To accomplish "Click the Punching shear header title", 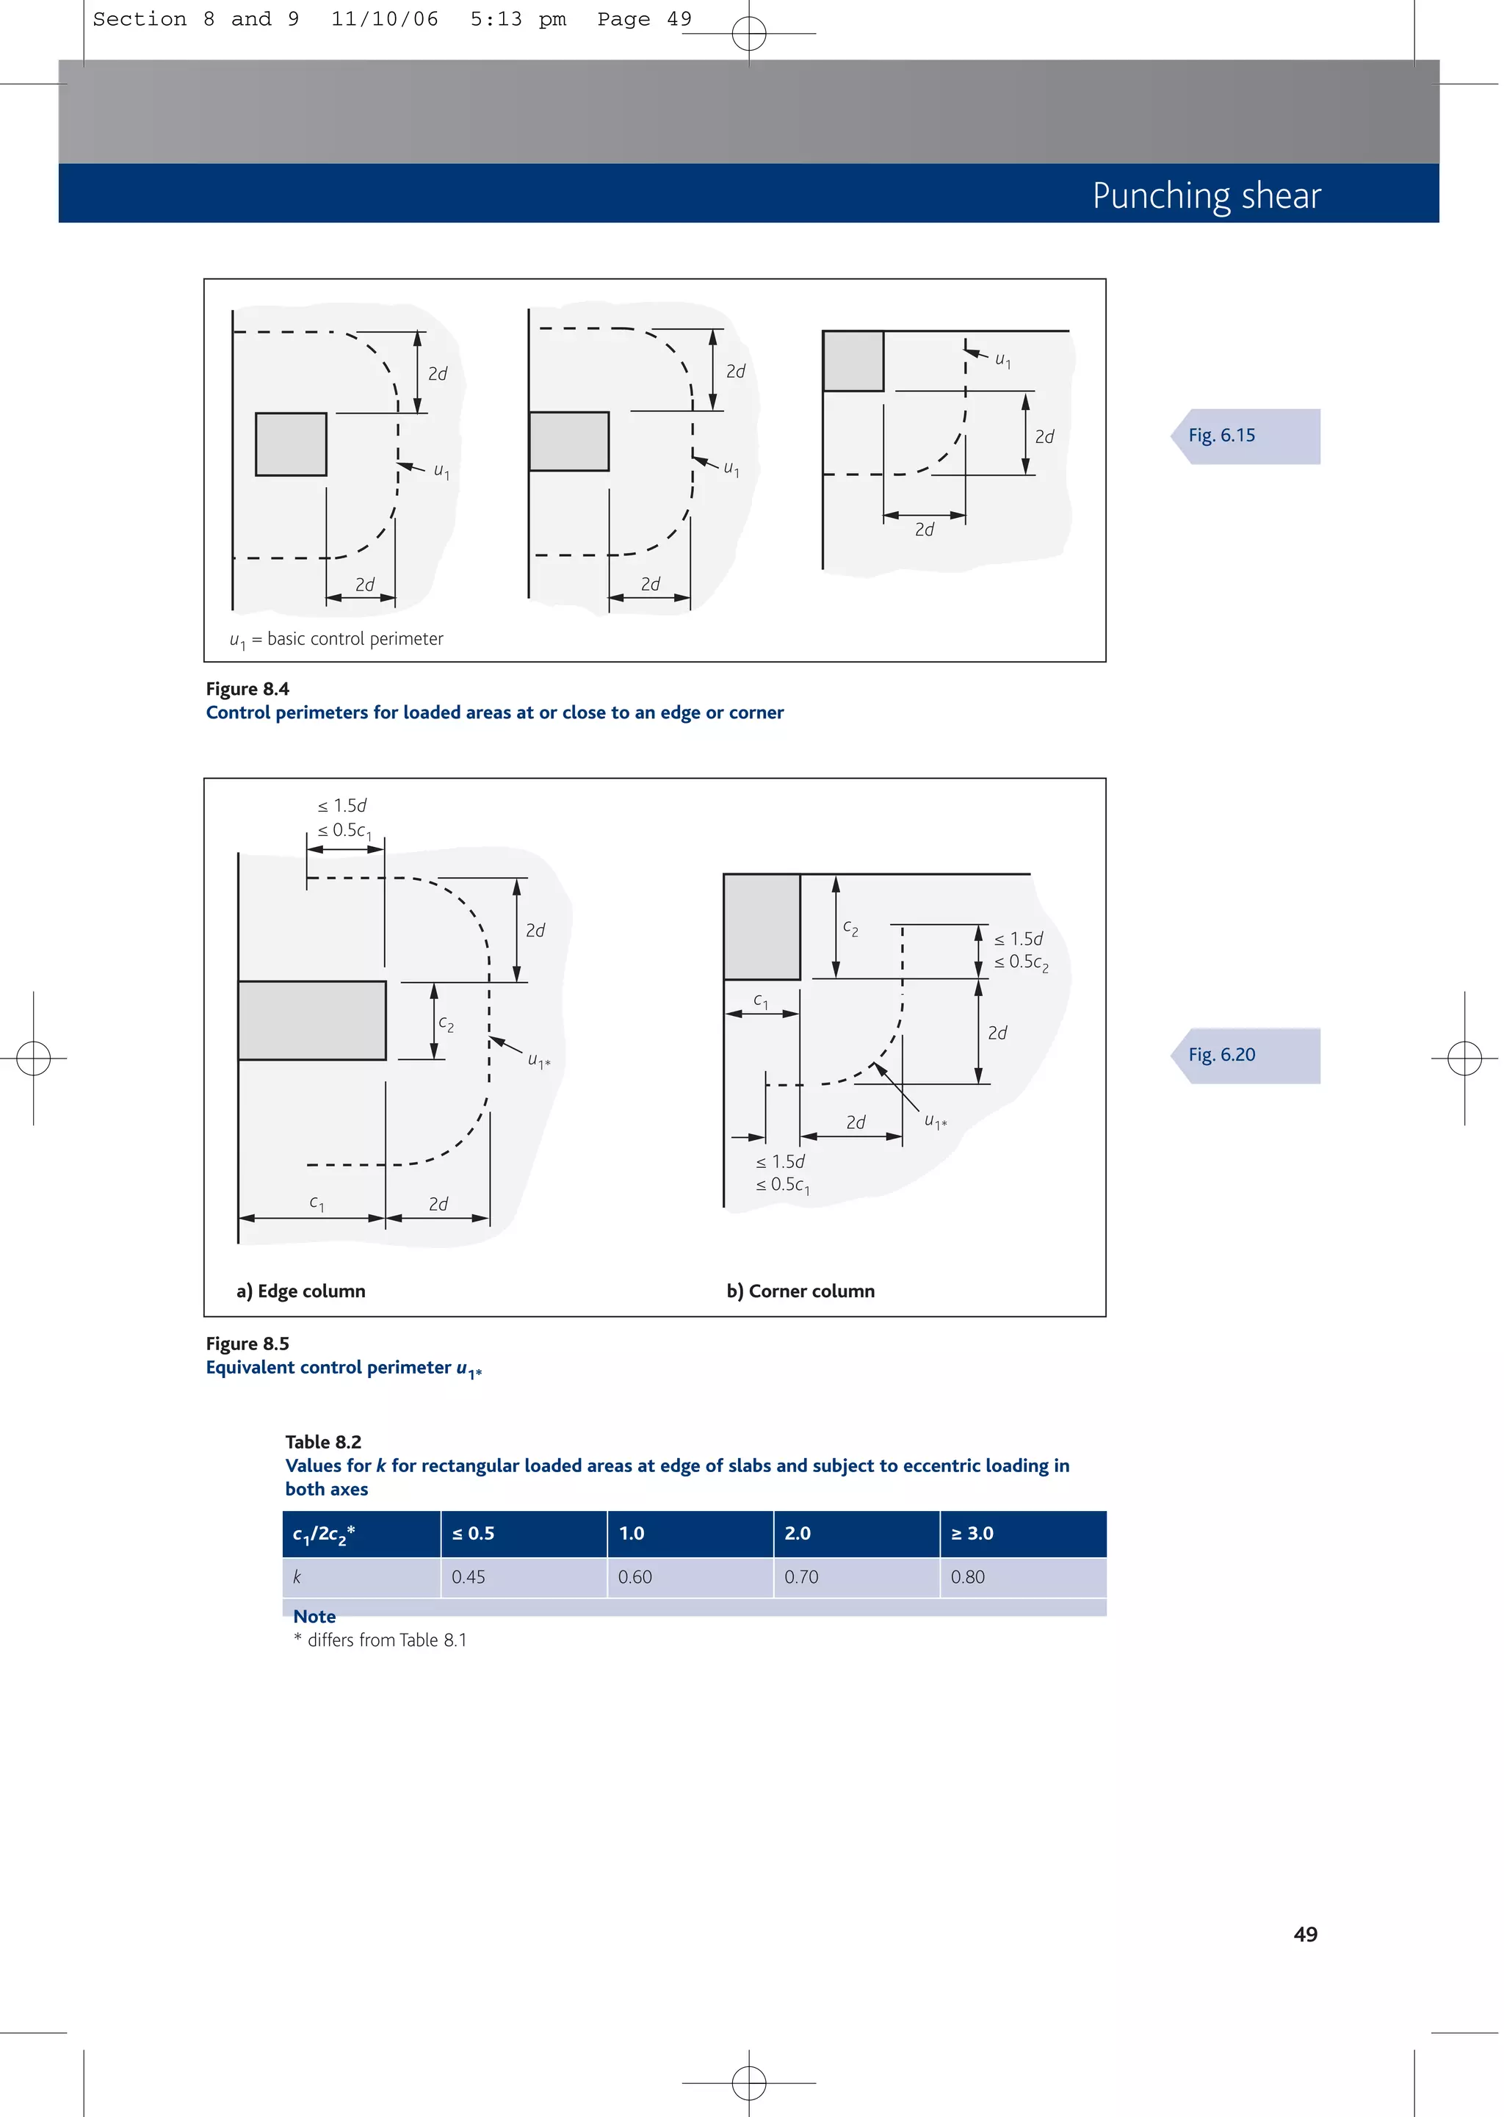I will click(1206, 195).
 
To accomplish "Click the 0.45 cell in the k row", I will click(469, 1577).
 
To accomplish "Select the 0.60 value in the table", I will click(635, 1577).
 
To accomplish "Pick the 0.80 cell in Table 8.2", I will click(968, 1577).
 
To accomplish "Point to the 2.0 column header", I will click(798, 1534).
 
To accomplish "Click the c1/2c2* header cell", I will click(324, 1534).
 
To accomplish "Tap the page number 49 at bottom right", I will click(1305, 1935).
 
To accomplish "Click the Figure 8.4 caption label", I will click(247, 689).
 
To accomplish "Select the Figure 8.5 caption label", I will click(247, 1344).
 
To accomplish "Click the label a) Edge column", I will click(301, 1291).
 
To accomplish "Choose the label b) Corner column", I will click(800, 1291).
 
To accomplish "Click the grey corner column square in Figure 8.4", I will click(853, 361).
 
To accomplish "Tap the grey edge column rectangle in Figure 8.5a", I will click(312, 1020).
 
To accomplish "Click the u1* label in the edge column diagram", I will click(539, 1061).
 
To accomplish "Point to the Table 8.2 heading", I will click(323, 1442).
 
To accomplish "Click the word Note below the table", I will click(314, 1617).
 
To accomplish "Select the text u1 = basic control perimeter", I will click(336, 639).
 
